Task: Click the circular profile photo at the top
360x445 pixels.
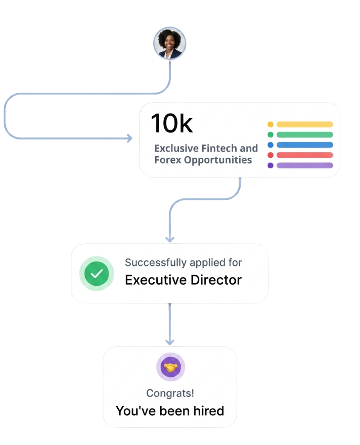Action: (x=170, y=43)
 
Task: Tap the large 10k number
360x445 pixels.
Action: (x=172, y=123)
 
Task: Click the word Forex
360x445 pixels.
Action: (x=168, y=160)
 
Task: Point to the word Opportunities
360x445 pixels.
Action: (x=218, y=160)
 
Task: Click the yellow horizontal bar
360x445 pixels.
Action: (x=305, y=124)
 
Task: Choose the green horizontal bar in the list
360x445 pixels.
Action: (x=305, y=134)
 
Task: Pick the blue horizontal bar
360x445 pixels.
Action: (x=305, y=145)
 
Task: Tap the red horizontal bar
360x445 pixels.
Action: (x=305, y=155)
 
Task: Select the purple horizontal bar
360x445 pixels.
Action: (x=305, y=165)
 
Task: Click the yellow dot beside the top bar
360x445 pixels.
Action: (x=270, y=124)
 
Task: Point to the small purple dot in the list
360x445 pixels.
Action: (x=270, y=165)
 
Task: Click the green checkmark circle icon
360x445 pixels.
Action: (x=96, y=274)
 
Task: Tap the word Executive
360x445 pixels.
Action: (x=156, y=280)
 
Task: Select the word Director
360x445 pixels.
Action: (x=216, y=280)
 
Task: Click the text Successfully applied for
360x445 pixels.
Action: (x=183, y=263)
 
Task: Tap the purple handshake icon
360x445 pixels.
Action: (x=171, y=367)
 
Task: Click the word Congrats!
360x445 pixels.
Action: (x=170, y=393)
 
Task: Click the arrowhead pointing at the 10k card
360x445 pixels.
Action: (x=130, y=138)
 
